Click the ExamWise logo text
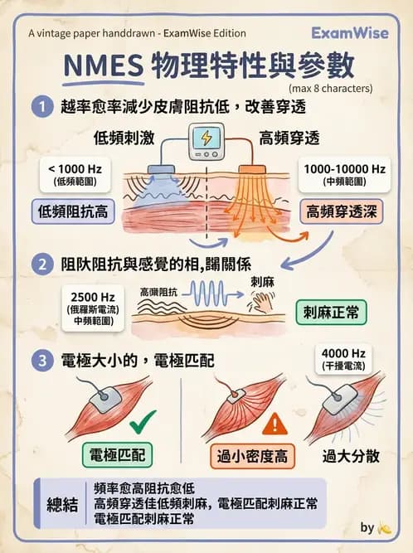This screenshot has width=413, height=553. click(x=354, y=32)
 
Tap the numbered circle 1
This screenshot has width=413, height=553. click(x=39, y=106)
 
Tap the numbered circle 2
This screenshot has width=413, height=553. click(x=39, y=264)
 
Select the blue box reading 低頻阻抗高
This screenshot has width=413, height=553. click(x=72, y=212)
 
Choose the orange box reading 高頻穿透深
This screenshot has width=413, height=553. click(x=341, y=211)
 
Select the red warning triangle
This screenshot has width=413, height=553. click(x=273, y=425)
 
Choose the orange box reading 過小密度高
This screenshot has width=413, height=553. click(x=253, y=456)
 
